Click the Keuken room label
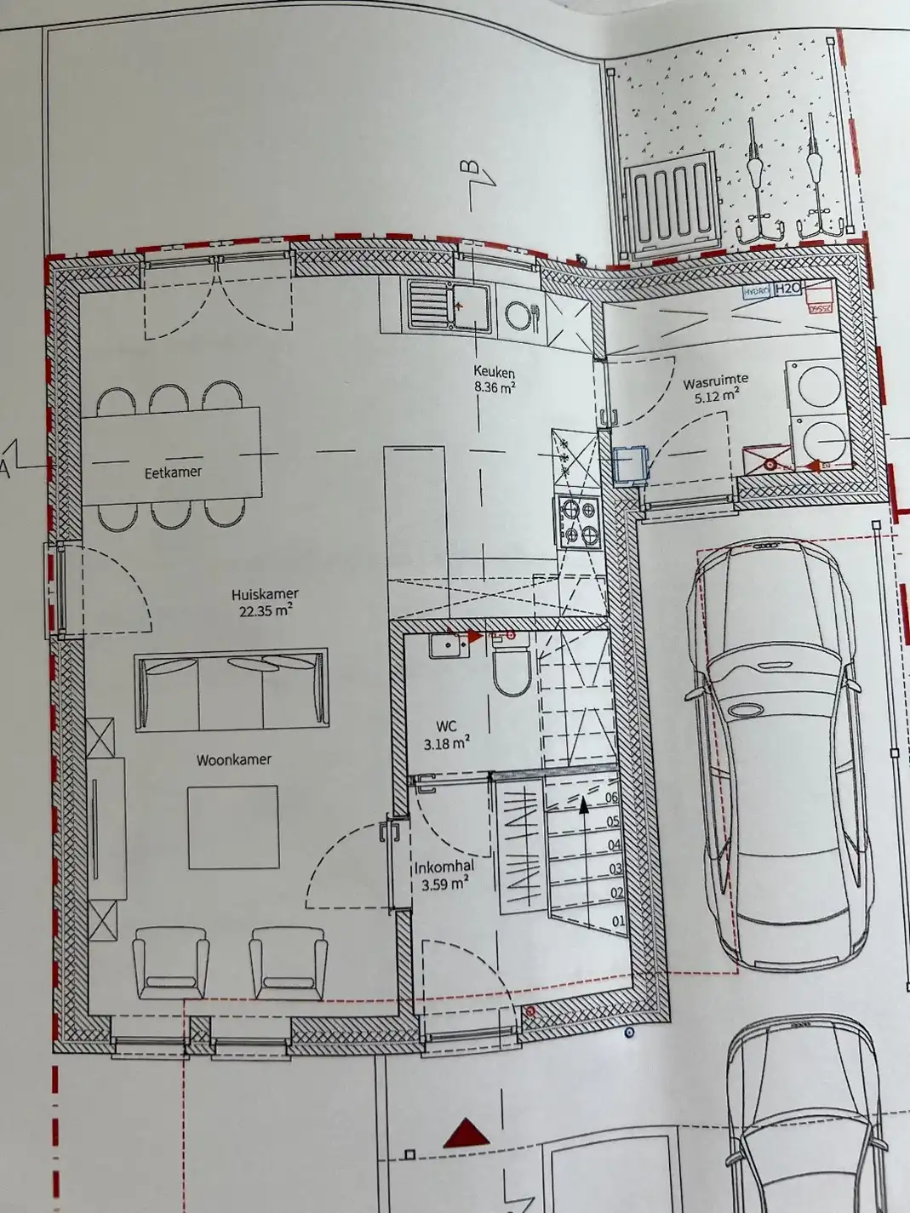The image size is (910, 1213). point(494,372)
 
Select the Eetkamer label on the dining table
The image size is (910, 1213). point(173,472)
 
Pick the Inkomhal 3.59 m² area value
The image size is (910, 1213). point(445,884)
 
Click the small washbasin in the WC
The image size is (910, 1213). point(445,647)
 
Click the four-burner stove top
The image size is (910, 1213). point(579,521)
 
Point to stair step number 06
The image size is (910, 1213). point(611,798)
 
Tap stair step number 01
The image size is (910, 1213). point(618,921)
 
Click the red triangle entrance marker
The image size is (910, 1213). point(466,1133)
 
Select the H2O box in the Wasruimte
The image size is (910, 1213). point(787,290)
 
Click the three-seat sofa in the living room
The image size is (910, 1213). point(231,689)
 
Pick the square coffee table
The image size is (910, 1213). point(232,827)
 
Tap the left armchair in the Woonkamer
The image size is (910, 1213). point(170,962)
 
